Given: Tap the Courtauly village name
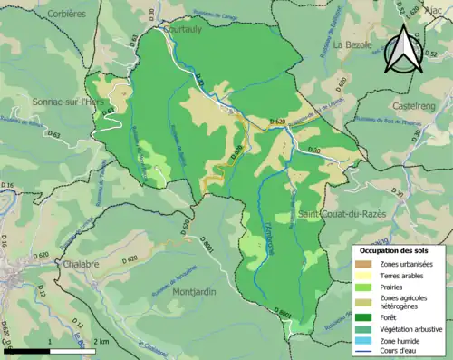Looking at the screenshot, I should point(180,29).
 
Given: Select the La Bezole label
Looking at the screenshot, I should point(353,44).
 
